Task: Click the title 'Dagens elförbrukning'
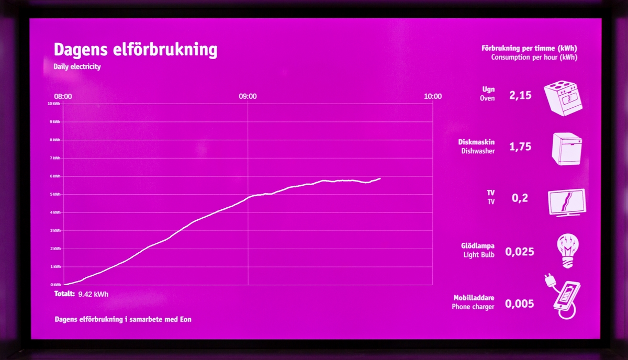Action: click(x=135, y=50)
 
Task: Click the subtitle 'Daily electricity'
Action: click(x=77, y=67)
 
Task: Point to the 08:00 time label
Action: click(x=63, y=96)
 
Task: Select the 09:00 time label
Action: click(x=248, y=96)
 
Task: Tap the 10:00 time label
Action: click(x=433, y=96)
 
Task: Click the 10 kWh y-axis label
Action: click(x=54, y=104)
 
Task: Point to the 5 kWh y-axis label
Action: click(x=55, y=194)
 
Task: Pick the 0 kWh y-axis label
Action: click(x=55, y=285)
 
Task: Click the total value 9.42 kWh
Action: click(x=93, y=294)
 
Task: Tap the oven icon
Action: click(x=563, y=97)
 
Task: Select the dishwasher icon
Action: click(x=567, y=149)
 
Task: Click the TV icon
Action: click(x=566, y=202)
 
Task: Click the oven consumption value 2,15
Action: click(x=520, y=95)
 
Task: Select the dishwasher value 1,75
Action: click(x=520, y=147)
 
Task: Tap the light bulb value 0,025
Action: click(x=520, y=252)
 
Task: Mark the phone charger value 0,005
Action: click(x=520, y=304)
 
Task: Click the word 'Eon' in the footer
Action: click(x=185, y=319)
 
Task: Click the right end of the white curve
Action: click(x=380, y=178)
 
